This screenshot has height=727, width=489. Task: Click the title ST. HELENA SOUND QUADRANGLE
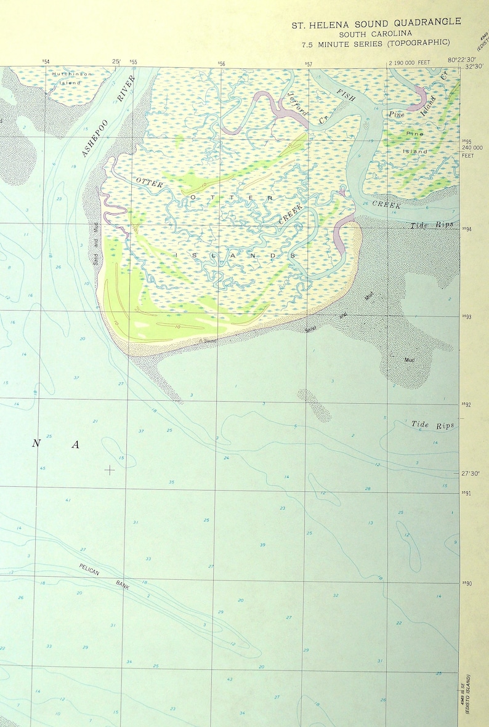point(376,22)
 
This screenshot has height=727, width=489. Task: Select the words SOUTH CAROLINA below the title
point(376,33)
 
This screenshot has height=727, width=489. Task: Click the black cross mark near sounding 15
point(110,470)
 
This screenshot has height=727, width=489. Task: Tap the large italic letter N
point(36,444)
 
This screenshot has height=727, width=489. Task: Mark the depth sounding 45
point(42,468)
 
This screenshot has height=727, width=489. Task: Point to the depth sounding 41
point(68,500)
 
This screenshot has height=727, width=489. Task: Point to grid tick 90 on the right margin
point(467,583)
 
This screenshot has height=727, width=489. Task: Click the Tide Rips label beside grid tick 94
point(432,226)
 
